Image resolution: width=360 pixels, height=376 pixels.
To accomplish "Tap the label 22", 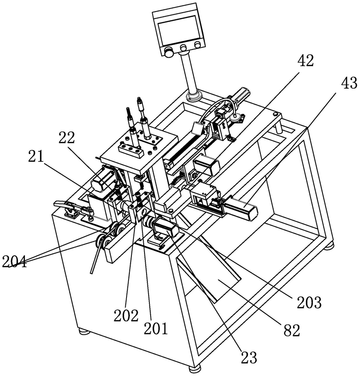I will click(66, 138).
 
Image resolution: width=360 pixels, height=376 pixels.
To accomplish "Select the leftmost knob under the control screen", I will click(168, 51).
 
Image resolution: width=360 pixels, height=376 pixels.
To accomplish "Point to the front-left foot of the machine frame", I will click(84, 331).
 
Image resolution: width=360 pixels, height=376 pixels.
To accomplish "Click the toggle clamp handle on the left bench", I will click(61, 203).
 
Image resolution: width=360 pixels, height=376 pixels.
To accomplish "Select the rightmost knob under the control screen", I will click(198, 45).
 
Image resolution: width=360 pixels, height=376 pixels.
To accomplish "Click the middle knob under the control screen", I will click(184, 49).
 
